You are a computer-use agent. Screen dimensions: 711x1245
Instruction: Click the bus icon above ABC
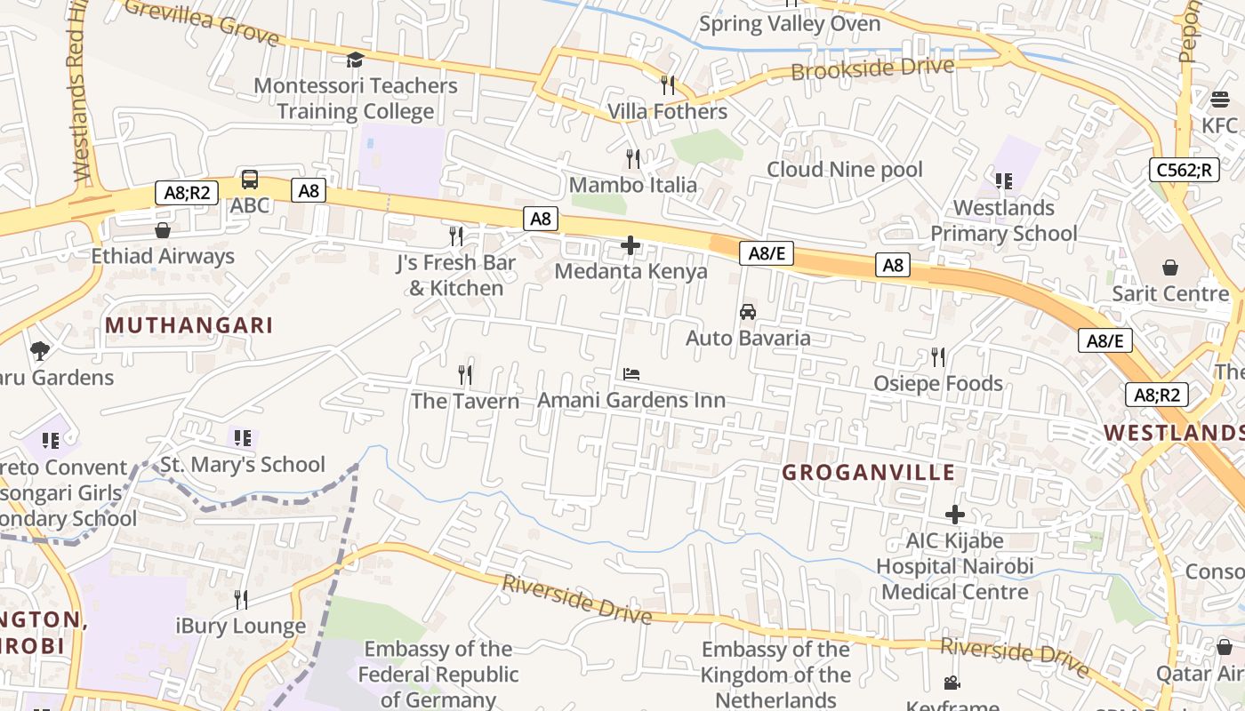pos(250,180)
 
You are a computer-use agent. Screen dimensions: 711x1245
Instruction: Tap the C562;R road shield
pos(1184,169)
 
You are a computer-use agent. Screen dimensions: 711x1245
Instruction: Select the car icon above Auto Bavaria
pos(748,312)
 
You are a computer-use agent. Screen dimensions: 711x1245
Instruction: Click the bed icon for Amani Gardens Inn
pos(631,374)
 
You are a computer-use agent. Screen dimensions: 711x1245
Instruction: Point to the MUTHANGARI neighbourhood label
pos(189,325)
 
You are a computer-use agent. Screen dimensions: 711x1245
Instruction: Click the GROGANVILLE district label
pos(869,473)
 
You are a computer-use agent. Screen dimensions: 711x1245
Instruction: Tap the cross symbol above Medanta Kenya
pos(631,245)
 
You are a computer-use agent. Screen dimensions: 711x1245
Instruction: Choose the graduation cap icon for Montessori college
pos(355,60)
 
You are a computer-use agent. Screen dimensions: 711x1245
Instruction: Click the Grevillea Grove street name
pos(203,21)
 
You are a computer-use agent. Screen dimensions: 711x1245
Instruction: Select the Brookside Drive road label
pos(872,68)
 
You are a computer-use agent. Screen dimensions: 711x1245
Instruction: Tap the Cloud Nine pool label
pos(845,169)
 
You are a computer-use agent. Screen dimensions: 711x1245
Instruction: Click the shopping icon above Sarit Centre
pos(1170,268)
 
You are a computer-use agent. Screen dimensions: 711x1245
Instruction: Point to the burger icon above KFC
pos(1219,100)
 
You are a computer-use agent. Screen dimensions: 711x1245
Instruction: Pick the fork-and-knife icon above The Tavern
pos(465,375)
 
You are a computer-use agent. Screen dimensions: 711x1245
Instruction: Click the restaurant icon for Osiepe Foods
pos(938,357)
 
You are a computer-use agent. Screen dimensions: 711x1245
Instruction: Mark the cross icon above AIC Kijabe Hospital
pos(955,515)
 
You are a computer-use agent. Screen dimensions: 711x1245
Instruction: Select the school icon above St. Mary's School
pos(243,438)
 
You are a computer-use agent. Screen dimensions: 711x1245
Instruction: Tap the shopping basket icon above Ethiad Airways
pos(163,231)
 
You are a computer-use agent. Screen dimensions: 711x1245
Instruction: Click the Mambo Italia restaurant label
pos(633,185)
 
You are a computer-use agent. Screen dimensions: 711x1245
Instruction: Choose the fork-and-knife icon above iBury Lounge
pos(241,600)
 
